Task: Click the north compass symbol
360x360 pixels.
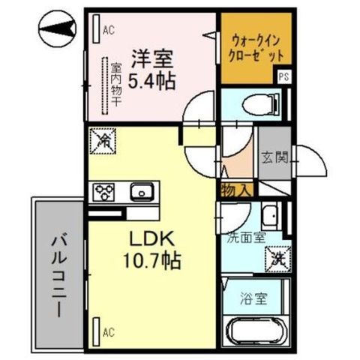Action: [57, 28]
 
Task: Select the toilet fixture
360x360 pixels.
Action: [262, 104]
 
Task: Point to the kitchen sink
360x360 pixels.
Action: [142, 192]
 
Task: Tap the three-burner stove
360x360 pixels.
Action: [103, 192]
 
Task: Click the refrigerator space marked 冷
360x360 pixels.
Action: [103, 141]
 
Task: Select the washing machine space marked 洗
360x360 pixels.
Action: [278, 259]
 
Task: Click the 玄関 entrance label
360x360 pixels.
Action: [274, 157]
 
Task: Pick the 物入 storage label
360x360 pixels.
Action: [235, 190]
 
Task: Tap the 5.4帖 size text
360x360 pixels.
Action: [151, 81]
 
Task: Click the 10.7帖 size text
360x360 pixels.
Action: [152, 260]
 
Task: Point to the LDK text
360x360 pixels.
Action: [151, 238]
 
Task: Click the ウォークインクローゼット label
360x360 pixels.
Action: [256, 49]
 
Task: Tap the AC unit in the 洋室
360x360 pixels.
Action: [96, 28]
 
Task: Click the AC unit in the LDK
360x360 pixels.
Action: [96, 331]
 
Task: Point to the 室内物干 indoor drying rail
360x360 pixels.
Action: [104, 86]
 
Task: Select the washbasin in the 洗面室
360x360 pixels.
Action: [271, 216]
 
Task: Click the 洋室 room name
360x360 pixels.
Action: [152, 59]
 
